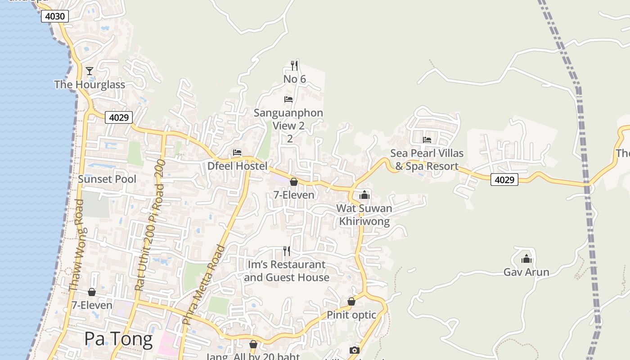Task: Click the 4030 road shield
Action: pyautogui.click(x=55, y=17)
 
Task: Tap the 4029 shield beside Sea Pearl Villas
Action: pyautogui.click(x=504, y=180)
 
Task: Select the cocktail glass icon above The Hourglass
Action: pyautogui.click(x=90, y=71)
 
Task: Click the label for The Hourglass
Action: pyautogui.click(x=90, y=85)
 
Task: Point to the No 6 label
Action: pyautogui.click(x=295, y=79)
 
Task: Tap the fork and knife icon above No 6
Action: pyautogui.click(x=294, y=66)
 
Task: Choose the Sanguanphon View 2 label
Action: pyautogui.click(x=288, y=119)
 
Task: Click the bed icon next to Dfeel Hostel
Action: pyautogui.click(x=237, y=153)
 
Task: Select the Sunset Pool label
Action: pyautogui.click(x=107, y=179)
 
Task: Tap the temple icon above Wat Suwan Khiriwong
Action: pyautogui.click(x=364, y=195)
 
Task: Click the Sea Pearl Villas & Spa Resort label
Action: pyautogui.click(x=427, y=159)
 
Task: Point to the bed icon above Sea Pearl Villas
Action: pyautogui.click(x=427, y=139)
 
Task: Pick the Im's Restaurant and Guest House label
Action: pyautogui.click(x=287, y=271)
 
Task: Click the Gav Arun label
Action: pyautogui.click(x=526, y=272)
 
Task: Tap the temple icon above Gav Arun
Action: pyautogui.click(x=526, y=259)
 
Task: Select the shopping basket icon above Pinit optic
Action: pyautogui.click(x=351, y=301)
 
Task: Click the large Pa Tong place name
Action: pyautogui.click(x=118, y=339)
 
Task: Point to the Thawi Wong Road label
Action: pyautogui.click(x=77, y=245)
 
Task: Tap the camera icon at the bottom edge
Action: pyautogui.click(x=355, y=350)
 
